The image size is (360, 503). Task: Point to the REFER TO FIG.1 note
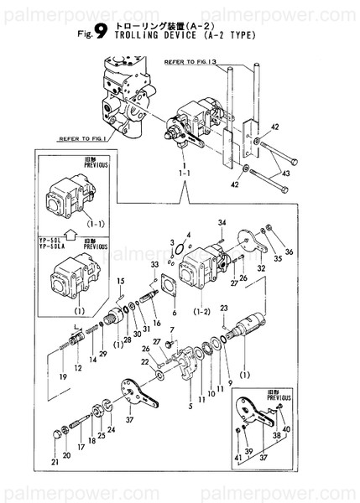[80, 138]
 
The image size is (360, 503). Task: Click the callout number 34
[223, 222]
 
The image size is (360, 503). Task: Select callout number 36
[289, 251]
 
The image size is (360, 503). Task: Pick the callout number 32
[262, 268]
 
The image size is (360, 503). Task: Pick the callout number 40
[286, 428]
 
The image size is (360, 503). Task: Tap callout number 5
[192, 407]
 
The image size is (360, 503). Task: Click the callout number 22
[144, 362]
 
